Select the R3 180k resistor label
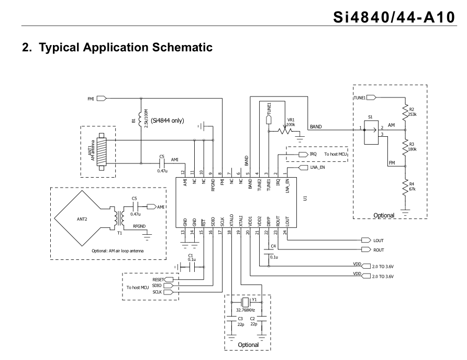click(413, 147)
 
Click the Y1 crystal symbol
click(246, 303)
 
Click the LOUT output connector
click(364, 241)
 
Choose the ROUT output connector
click(364, 250)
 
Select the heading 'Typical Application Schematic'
click(117, 47)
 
